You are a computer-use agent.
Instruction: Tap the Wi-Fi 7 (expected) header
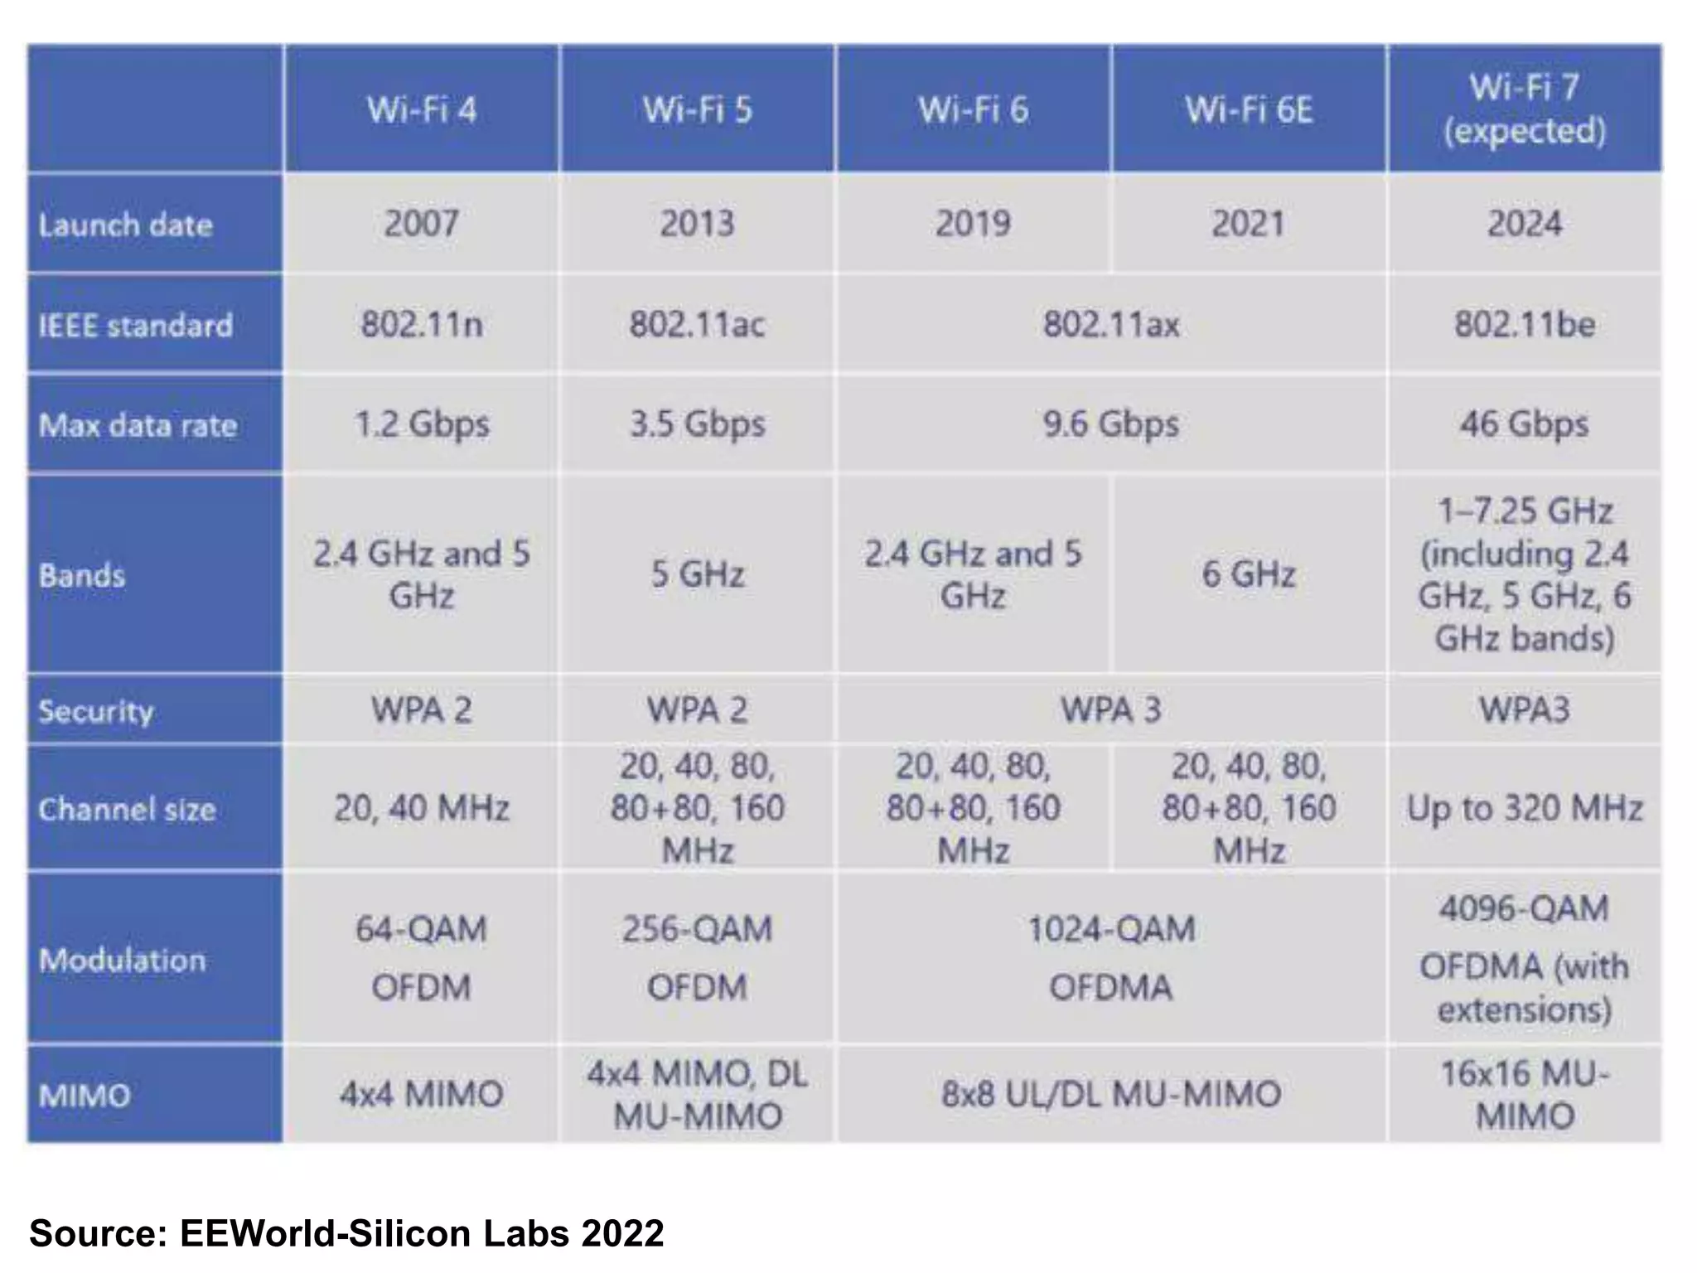(x=1525, y=109)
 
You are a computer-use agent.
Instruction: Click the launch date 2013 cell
(x=697, y=224)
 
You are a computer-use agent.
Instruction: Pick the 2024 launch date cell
(x=1525, y=224)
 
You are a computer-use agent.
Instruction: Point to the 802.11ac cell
(x=697, y=324)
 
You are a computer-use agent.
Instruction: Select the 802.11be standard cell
(x=1525, y=324)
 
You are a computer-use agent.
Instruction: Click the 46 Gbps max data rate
(x=1525, y=424)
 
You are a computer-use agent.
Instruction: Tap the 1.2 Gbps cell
(x=421, y=424)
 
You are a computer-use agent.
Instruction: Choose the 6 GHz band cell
(x=1249, y=574)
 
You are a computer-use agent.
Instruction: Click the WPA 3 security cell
(x=1111, y=710)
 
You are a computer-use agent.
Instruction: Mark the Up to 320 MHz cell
(x=1525, y=808)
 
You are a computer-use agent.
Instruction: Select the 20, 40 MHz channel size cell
(x=421, y=808)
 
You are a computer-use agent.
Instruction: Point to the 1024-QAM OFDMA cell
(x=1111, y=958)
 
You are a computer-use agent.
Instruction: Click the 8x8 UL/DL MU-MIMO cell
(x=1111, y=1095)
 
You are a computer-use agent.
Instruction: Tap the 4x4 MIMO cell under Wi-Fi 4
(x=421, y=1095)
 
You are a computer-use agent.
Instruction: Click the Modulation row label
(x=123, y=960)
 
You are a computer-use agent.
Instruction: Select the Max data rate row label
(x=138, y=425)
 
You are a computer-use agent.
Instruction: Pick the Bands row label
(x=82, y=575)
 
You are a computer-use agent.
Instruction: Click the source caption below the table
(x=346, y=1232)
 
